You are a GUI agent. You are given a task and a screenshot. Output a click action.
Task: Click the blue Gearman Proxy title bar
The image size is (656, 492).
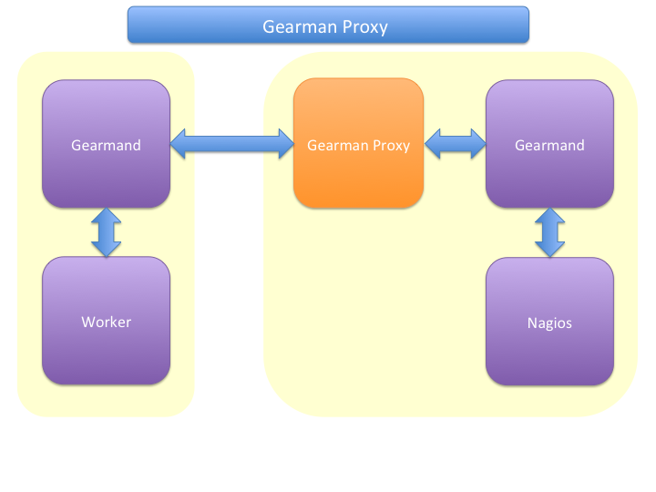coord(327,25)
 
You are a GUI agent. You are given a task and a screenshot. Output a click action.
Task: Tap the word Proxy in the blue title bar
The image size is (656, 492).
coord(364,27)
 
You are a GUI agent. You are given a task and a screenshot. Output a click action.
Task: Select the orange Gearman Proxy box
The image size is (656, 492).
coord(358,144)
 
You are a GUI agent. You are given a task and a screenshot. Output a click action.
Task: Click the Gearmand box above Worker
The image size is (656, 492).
coord(106,144)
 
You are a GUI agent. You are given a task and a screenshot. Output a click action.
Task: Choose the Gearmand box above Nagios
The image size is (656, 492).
coord(549,144)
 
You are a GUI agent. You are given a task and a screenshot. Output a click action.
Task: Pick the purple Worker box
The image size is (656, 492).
coord(106,322)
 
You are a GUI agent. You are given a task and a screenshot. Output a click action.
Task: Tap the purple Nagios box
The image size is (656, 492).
coord(549,322)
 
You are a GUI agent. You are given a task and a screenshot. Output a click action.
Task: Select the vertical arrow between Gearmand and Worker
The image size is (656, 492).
coord(106,232)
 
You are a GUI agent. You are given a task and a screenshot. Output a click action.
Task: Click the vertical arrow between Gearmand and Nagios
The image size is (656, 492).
coord(549,232)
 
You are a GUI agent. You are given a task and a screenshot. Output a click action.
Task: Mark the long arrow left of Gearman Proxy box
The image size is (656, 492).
coord(231,143)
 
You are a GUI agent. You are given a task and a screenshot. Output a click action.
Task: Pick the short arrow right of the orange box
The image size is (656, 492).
coord(455,143)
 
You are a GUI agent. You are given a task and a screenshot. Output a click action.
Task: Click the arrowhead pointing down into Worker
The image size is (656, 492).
coord(106,249)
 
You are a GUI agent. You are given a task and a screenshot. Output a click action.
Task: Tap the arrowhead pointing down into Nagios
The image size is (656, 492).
coord(549,249)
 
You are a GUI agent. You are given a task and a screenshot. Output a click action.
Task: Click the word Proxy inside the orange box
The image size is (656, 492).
coord(391,146)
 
